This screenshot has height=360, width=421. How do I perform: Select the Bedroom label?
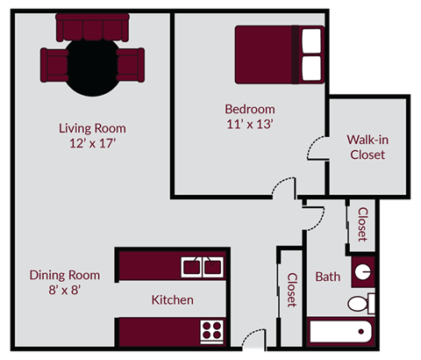pyautogui.click(x=250, y=110)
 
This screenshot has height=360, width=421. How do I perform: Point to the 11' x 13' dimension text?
pyautogui.click(x=250, y=125)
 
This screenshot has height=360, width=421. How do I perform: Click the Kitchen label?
pyautogui.click(x=172, y=300)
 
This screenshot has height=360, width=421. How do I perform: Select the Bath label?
pyautogui.click(x=327, y=277)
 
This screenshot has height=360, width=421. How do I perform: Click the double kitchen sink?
pyautogui.click(x=203, y=264)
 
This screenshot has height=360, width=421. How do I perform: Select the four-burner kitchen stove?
pyautogui.click(x=212, y=331)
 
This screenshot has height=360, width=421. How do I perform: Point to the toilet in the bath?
pyautogui.click(x=360, y=304)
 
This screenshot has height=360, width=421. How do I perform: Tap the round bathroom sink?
pyautogui.click(x=361, y=271)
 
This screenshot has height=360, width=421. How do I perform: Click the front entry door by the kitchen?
pyautogui.click(x=253, y=337)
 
